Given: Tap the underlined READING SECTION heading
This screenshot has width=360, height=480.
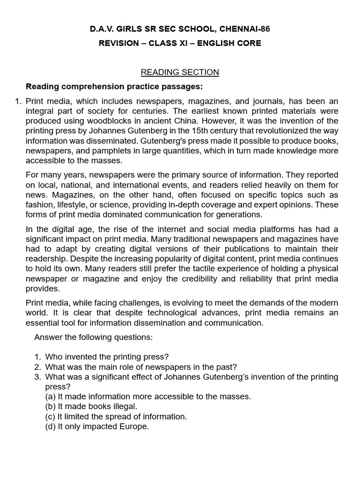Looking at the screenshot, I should (x=180, y=72).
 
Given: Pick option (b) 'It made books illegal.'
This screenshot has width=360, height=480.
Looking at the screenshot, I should (x=91, y=406).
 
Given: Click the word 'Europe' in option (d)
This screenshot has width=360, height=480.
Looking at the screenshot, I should (x=135, y=426).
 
